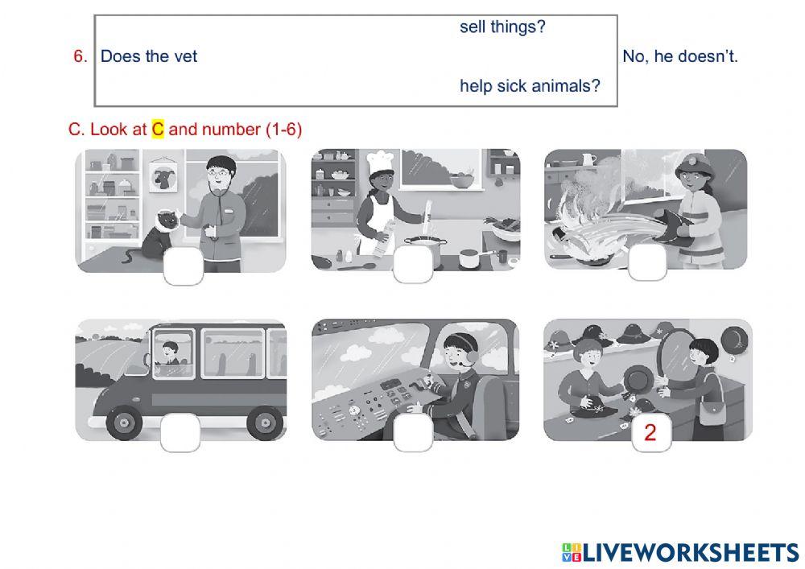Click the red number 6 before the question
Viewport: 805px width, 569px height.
click(x=80, y=56)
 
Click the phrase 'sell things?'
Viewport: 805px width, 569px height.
click(x=502, y=27)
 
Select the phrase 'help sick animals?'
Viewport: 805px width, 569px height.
click(x=530, y=86)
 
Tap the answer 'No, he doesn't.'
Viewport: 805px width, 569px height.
click(x=680, y=56)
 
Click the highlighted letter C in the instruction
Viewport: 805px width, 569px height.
click(x=158, y=129)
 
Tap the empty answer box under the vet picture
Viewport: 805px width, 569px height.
click(x=184, y=266)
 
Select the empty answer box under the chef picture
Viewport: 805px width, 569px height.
click(x=413, y=264)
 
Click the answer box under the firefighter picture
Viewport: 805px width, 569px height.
click(x=647, y=262)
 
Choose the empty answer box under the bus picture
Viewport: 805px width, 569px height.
click(x=180, y=433)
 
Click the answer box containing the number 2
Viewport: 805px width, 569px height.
click(x=650, y=433)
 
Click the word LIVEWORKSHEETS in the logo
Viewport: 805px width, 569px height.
click(x=691, y=552)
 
